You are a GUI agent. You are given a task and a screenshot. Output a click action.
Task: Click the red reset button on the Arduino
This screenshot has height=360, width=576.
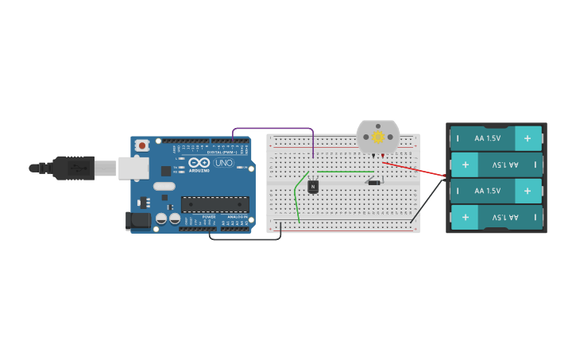[142, 145]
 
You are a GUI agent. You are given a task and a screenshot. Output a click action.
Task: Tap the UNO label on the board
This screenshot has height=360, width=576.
[224, 163]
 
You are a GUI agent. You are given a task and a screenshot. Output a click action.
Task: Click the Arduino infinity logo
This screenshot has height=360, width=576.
[199, 162]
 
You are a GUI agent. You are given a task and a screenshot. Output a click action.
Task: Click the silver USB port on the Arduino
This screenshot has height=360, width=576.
[133, 168]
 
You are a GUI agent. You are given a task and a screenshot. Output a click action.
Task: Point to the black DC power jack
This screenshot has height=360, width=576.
[137, 220]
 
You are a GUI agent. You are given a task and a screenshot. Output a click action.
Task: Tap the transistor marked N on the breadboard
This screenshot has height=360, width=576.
[313, 187]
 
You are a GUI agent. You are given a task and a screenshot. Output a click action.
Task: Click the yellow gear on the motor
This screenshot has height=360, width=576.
[378, 137]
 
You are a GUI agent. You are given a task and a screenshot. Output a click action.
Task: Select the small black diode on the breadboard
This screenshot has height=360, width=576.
[373, 183]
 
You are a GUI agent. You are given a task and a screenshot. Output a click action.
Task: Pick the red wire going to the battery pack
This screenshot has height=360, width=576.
[413, 169]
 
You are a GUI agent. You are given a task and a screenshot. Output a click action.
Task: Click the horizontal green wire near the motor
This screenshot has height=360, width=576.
[346, 172]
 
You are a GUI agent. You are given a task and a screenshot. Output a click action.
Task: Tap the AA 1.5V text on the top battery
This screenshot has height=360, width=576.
[487, 138]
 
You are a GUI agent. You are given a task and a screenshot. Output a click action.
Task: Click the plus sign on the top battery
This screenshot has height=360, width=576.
[527, 138]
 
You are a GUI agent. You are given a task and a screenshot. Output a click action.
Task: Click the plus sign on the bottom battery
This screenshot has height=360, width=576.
[466, 217]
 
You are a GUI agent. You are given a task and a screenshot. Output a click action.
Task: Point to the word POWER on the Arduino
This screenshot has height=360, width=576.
[209, 216]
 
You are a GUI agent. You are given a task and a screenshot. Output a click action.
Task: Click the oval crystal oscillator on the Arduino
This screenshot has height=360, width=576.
[164, 187]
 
